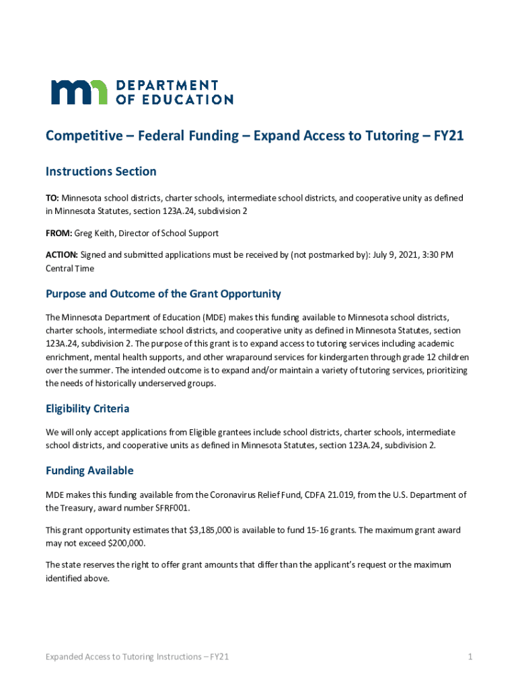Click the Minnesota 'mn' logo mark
point(79,92)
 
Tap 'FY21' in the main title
point(449,136)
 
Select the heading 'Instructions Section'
point(101,172)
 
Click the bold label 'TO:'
point(52,198)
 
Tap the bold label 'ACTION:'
point(61,254)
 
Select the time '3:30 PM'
point(439,254)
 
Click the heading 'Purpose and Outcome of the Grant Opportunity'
point(163,294)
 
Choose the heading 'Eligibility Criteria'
point(87,408)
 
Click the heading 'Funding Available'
point(89,470)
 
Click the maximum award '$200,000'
point(122,542)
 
